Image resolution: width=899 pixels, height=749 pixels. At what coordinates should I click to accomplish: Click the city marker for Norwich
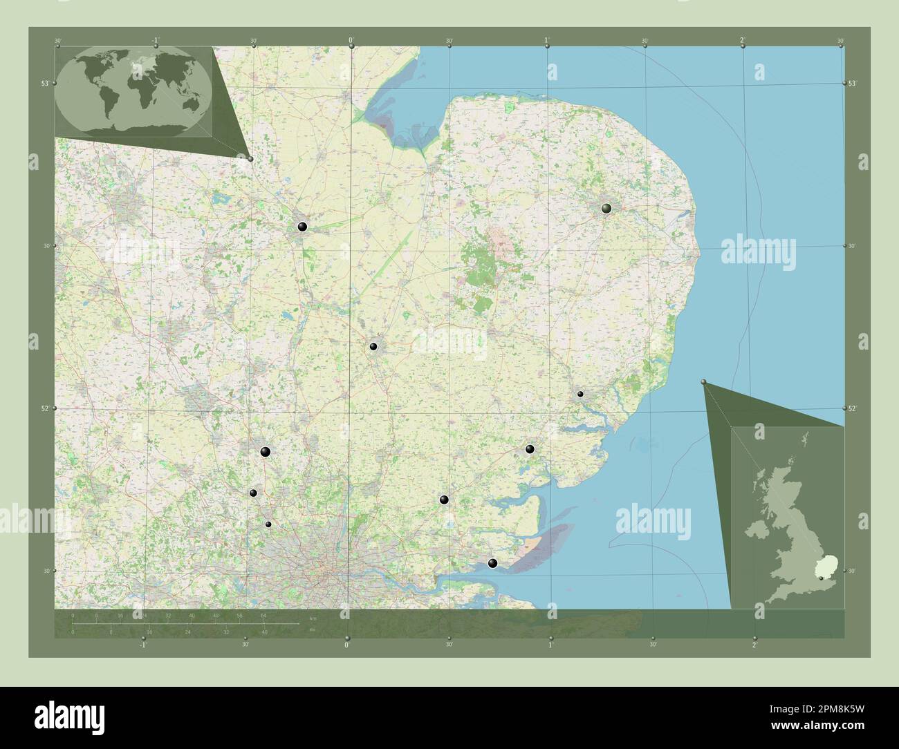[606, 208]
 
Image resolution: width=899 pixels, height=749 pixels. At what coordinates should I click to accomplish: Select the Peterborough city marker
[302, 226]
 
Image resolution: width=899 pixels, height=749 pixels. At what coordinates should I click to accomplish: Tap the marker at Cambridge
[373, 346]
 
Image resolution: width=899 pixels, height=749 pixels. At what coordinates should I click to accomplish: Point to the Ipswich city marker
[581, 394]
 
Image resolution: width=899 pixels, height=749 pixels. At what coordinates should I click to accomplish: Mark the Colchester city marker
[530, 449]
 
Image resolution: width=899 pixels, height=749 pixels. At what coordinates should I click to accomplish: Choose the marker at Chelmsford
[444, 500]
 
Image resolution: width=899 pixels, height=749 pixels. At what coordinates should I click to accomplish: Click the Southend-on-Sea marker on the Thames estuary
[492, 564]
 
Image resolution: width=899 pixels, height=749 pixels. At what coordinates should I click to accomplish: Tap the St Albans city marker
[254, 493]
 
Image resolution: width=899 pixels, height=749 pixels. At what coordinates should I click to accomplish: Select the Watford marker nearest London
[268, 524]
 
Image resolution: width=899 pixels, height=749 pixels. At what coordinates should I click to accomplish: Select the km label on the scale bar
[313, 618]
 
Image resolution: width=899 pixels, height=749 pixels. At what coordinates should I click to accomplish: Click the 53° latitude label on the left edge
[44, 83]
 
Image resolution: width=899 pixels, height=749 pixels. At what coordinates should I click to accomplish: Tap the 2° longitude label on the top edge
[742, 40]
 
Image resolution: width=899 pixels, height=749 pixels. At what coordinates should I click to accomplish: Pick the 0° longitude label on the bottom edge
[347, 645]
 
